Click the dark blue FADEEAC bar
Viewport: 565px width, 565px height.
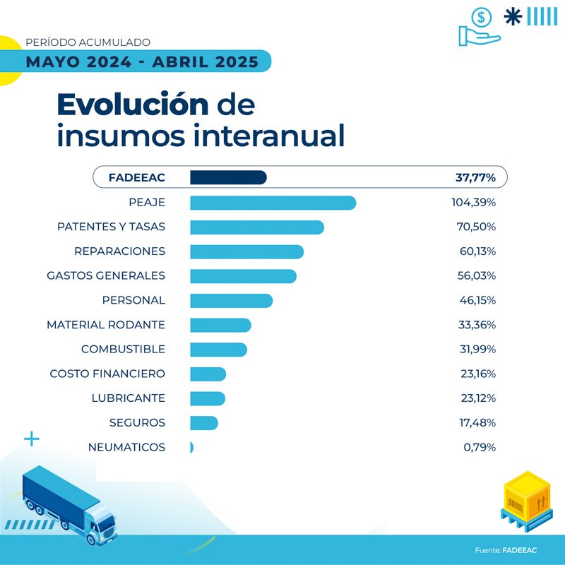click(228, 178)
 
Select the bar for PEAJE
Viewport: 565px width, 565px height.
click(273, 203)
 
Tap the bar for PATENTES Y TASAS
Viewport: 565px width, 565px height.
click(256, 227)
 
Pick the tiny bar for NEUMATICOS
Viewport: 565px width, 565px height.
click(191, 447)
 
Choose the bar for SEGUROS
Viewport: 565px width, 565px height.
click(204, 422)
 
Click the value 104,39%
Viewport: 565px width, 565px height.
click(473, 203)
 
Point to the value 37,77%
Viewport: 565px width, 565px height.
click(475, 178)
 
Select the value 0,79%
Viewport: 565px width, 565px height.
click(478, 447)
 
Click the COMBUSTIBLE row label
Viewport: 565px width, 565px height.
click(123, 349)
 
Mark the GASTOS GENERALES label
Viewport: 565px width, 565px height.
click(106, 275)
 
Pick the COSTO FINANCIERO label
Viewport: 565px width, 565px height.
click(107, 374)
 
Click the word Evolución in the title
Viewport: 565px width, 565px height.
click(133, 105)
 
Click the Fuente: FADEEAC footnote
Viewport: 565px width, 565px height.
click(505, 549)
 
